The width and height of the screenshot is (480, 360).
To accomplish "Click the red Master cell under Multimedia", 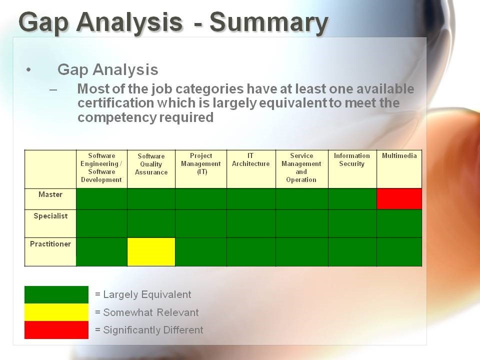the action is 399,199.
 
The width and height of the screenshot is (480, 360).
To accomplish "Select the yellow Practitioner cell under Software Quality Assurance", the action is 151,252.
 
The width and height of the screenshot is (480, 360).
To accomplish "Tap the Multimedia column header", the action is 399,156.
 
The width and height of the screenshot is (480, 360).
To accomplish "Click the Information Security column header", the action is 351,160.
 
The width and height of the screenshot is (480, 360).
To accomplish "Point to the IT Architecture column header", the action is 250,160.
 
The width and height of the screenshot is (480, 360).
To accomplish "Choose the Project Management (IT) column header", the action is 201,164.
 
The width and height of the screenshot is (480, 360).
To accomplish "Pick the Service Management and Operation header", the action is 301,168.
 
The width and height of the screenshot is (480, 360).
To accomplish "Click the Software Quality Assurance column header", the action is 151,164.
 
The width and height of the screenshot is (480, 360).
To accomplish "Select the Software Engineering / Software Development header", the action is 101,168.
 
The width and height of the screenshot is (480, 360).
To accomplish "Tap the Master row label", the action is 50,194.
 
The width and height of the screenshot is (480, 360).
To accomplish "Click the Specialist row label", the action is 50,216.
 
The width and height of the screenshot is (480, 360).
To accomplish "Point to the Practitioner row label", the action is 50,244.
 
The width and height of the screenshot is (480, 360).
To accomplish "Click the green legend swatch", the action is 56,295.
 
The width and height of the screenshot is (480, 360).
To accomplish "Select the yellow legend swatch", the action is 56,312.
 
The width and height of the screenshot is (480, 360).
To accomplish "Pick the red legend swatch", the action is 56,330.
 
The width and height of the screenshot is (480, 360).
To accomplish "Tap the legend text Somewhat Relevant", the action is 151,312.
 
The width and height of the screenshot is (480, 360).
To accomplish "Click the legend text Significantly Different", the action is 153,330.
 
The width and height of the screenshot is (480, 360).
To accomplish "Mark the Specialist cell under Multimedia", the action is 399,224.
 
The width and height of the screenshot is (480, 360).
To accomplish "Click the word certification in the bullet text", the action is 115,103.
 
